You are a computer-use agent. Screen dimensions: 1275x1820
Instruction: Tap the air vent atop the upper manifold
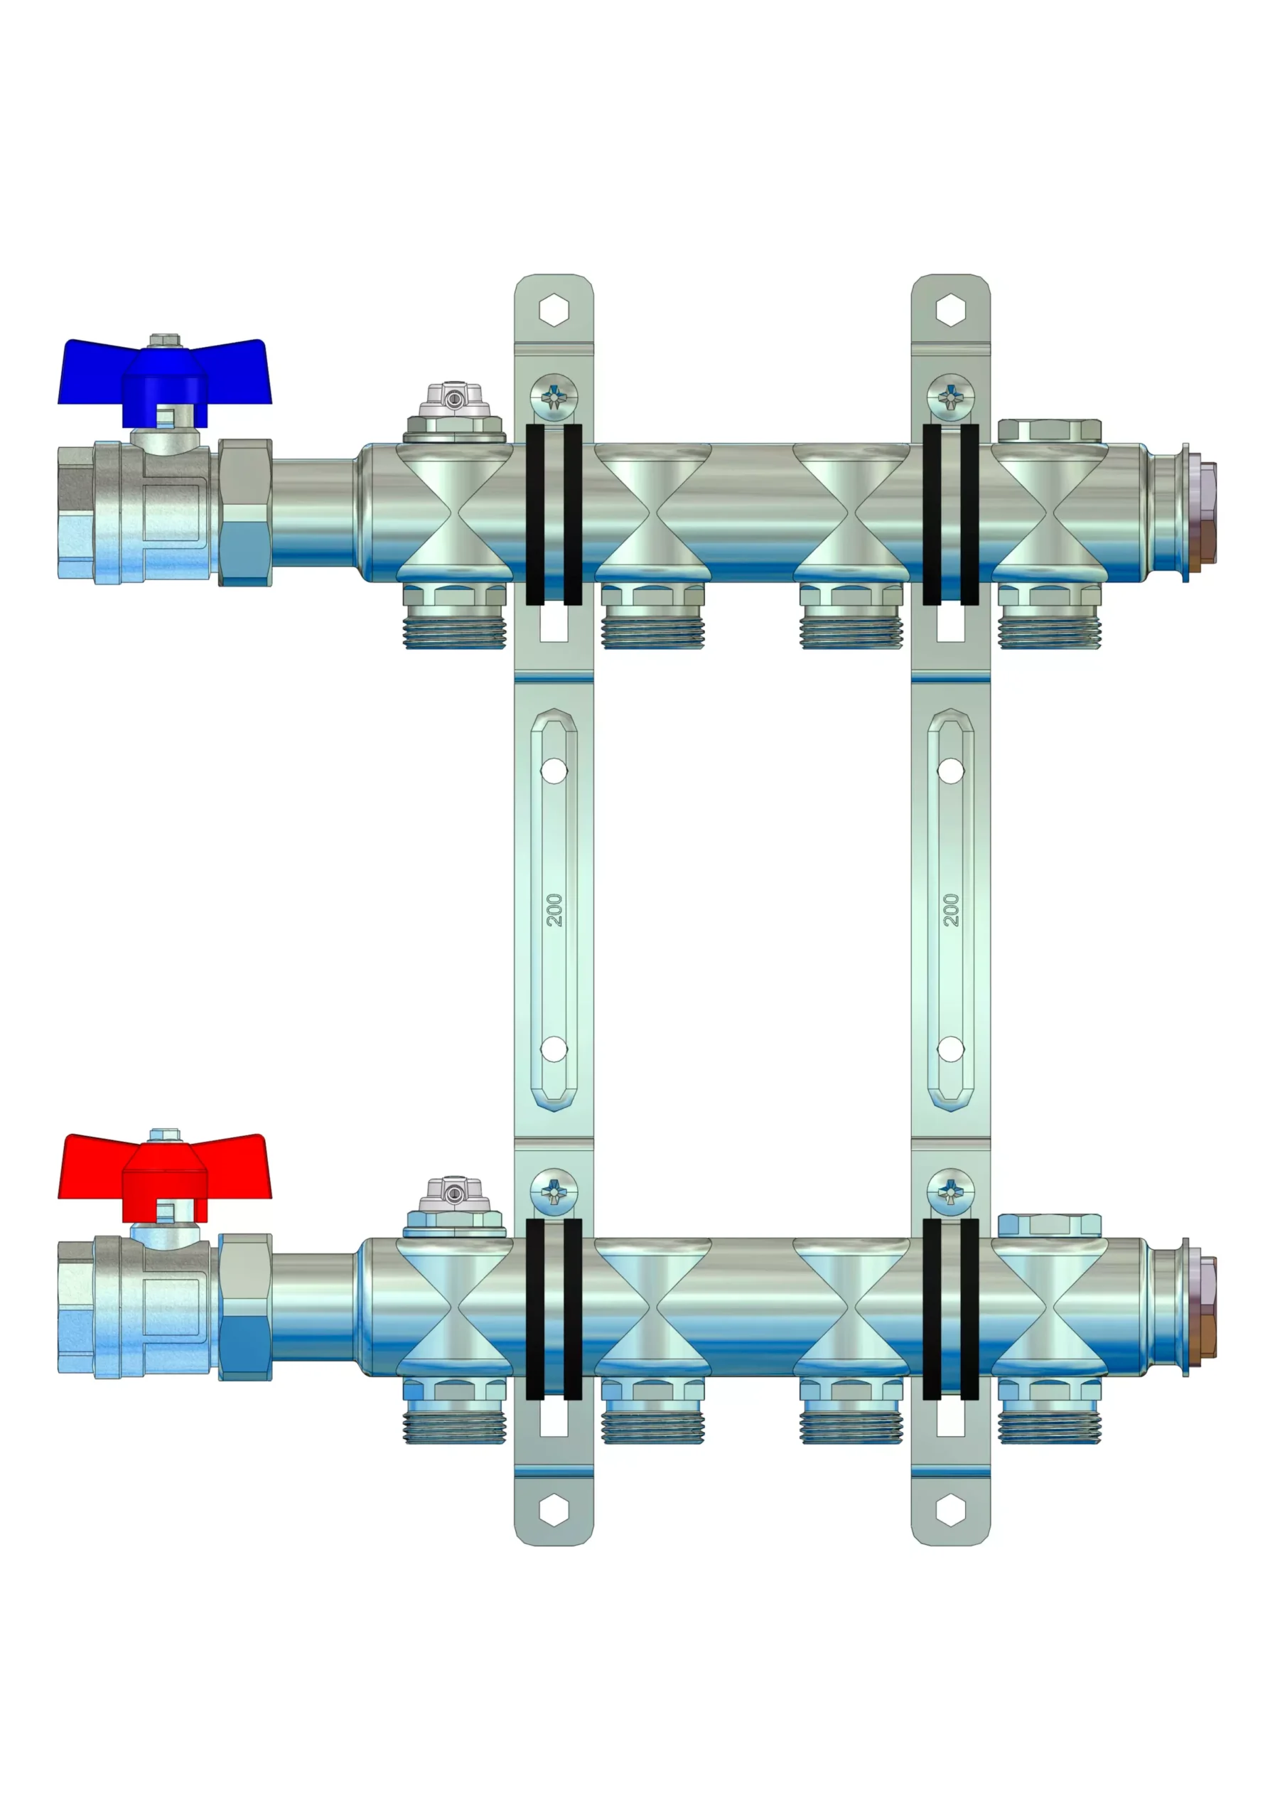[454, 412]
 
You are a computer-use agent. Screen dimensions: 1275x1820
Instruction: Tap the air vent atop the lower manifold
[454, 1206]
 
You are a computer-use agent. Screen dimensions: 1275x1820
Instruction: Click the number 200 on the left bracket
[554, 910]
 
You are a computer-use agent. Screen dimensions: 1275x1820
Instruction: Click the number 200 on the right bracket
[951, 910]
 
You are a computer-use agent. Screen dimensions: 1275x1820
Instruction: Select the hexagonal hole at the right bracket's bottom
[951, 1510]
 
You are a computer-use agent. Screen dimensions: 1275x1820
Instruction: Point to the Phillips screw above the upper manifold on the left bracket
[554, 397]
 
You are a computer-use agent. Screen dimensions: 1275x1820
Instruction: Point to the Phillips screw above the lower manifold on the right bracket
[951, 1192]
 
